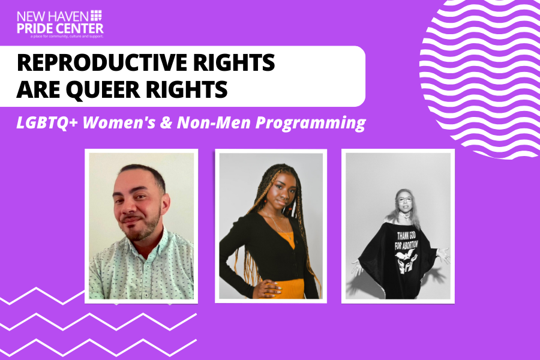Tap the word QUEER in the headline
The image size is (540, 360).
pyautogui.click(x=103, y=89)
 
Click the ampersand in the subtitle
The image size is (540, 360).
pyautogui.click(x=166, y=122)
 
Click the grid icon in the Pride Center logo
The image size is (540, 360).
pyautogui.click(x=96, y=16)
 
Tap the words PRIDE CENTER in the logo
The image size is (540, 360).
pyautogui.click(x=60, y=28)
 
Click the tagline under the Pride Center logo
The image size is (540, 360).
pyautogui.click(x=67, y=36)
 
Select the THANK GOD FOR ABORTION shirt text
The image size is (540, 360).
pyautogui.click(x=406, y=240)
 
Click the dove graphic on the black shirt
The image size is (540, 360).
pyautogui.click(x=405, y=255)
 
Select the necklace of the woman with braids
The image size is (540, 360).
pyautogui.click(x=280, y=224)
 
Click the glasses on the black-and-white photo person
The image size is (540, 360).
pyautogui.click(x=404, y=199)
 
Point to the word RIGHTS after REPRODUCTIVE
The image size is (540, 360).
pyautogui.click(x=234, y=62)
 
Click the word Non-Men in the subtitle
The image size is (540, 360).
pyautogui.click(x=214, y=122)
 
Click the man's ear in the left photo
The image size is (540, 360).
pyautogui.click(x=166, y=204)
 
